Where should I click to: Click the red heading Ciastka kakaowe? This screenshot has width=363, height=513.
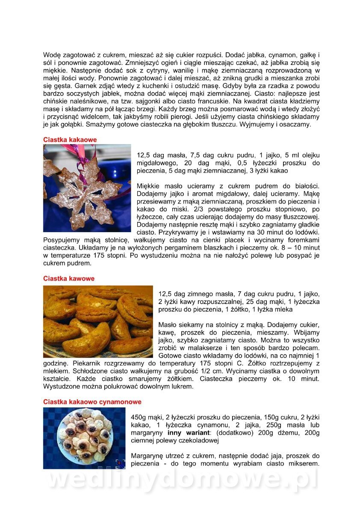[x=70, y=139]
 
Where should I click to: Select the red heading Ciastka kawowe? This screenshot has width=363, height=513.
[x=69, y=278]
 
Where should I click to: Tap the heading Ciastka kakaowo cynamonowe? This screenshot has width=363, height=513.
[x=92, y=402]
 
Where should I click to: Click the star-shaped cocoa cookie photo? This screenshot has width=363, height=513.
[x=87, y=188]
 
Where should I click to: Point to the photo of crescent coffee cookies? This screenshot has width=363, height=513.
[x=98, y=321]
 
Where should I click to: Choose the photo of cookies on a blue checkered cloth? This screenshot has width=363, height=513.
[x=84, y=438]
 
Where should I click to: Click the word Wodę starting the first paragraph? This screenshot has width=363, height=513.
[x=52, y=55]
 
